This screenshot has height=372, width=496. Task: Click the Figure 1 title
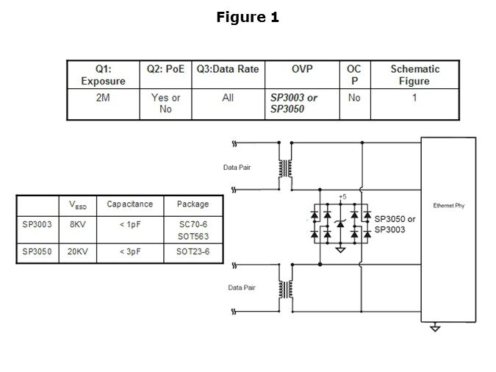coord(248,18)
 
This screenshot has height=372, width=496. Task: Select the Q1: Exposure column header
coord(103,74)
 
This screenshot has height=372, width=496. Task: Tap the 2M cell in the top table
coord(103,98)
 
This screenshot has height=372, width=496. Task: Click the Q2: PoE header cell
coord(165,69)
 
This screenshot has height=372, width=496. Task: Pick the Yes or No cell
coord(165,104)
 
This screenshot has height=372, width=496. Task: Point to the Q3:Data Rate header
coord(228,69)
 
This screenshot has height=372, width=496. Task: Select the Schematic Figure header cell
coord(414,74)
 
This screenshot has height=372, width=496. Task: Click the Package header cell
coord(193,204)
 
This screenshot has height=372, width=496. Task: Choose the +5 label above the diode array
coord(340,196)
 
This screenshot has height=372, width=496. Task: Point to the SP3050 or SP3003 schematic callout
coord(395,224)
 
